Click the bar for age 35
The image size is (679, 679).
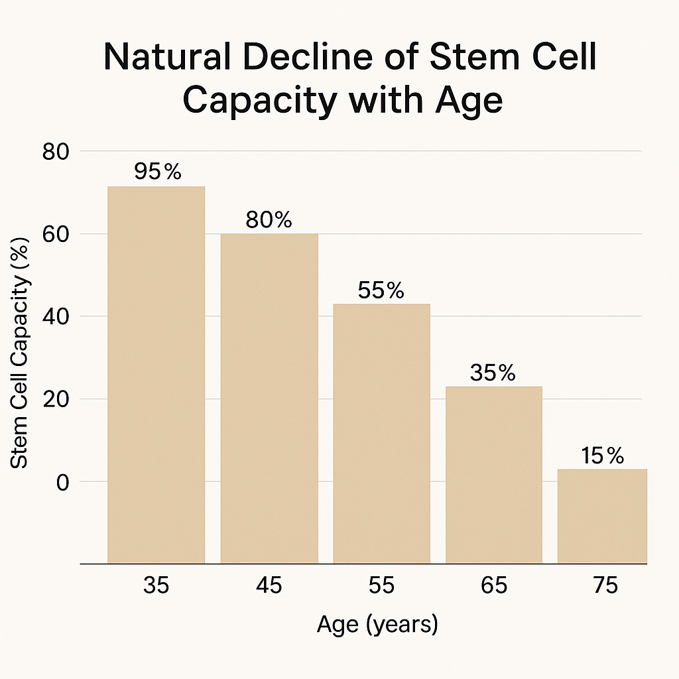156,375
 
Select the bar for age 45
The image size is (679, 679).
269,398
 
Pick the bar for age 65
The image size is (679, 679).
494,474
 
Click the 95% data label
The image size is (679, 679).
157,172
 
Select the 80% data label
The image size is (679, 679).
269,220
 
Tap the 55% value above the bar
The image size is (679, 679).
381,290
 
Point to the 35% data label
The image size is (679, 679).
493,373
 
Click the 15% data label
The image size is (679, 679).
602,456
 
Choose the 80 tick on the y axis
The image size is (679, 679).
55,152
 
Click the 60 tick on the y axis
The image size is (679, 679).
55,234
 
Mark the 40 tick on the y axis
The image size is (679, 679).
55,316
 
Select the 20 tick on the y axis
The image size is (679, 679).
55,399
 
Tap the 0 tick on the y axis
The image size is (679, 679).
62,482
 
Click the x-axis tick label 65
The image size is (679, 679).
493,586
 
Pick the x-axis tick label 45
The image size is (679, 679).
269,586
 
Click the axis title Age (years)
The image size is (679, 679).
377,625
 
